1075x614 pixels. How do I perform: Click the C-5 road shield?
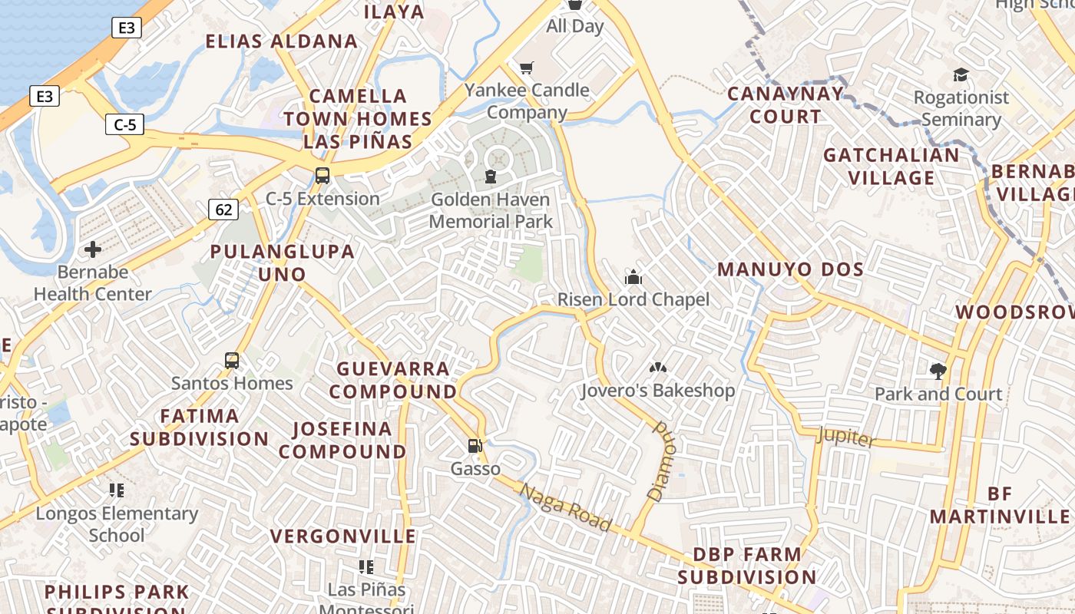click(125, 124)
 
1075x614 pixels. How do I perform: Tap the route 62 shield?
click(223, 209)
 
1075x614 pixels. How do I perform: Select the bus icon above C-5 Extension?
click(322, 175)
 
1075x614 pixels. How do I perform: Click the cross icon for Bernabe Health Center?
click(93, 249)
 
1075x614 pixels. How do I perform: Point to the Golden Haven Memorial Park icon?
click(490, 177)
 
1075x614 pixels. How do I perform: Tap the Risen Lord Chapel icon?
click(633, 276)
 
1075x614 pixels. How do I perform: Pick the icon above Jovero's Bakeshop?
click(658, 368)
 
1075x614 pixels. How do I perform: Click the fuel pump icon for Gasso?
click(475, 446)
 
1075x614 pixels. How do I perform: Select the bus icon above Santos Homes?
click(231, 360)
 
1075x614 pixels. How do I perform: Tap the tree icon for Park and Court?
click(938, 371)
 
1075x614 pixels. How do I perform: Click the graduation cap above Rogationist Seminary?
click(961, 74)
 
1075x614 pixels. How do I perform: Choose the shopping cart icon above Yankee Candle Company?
click(526, 68)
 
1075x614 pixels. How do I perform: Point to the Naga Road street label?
click(565, 507)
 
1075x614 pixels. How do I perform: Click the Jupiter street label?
click(846, 436)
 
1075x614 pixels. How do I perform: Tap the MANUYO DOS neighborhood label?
click(791, 269)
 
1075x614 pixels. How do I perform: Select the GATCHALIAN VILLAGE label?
click(891, 167)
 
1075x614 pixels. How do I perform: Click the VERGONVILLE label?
click(343, 536)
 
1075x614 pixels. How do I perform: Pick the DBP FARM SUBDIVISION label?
click(747, 566)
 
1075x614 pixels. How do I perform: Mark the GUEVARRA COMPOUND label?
click(393, 380)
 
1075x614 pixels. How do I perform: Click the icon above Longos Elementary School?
click(117, 490)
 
